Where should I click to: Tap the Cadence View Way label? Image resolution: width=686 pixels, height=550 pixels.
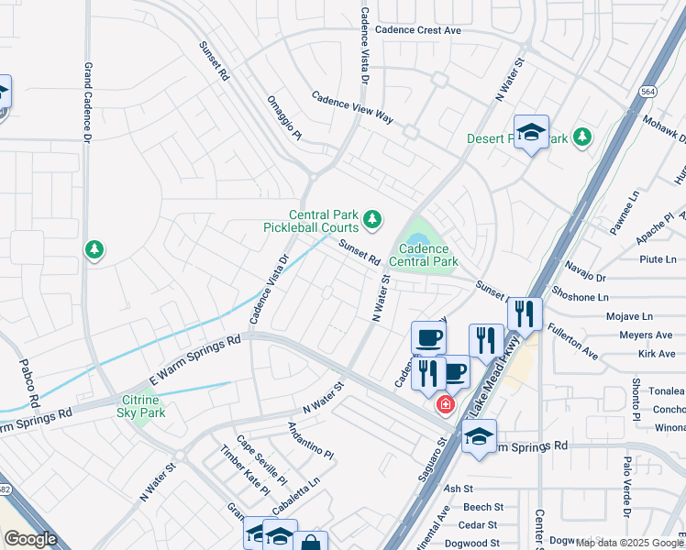pyautogui.click(x=351, y=107)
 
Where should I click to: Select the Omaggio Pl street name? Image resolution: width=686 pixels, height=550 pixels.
pyautogui.click(x=284, y=118)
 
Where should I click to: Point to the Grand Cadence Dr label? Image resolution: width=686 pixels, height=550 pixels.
pyautogui.click(x=88, y=102)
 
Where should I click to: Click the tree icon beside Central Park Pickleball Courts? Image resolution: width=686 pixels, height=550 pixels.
pyautogui.click(x=371, y=218)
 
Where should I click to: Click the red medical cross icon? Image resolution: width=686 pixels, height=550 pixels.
pyautogui.click(x=446, y=404)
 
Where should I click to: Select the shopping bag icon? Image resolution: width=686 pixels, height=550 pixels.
pyautogui.click(x=311, y=542)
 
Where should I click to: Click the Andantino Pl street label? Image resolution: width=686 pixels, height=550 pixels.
pyautogui.click(x=310, y=442)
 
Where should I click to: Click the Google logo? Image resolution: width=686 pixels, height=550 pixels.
pyautogui.click(x=30, y=539)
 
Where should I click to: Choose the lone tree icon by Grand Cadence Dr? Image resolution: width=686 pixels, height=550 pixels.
pyautogui.click(x=94, y=249)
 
